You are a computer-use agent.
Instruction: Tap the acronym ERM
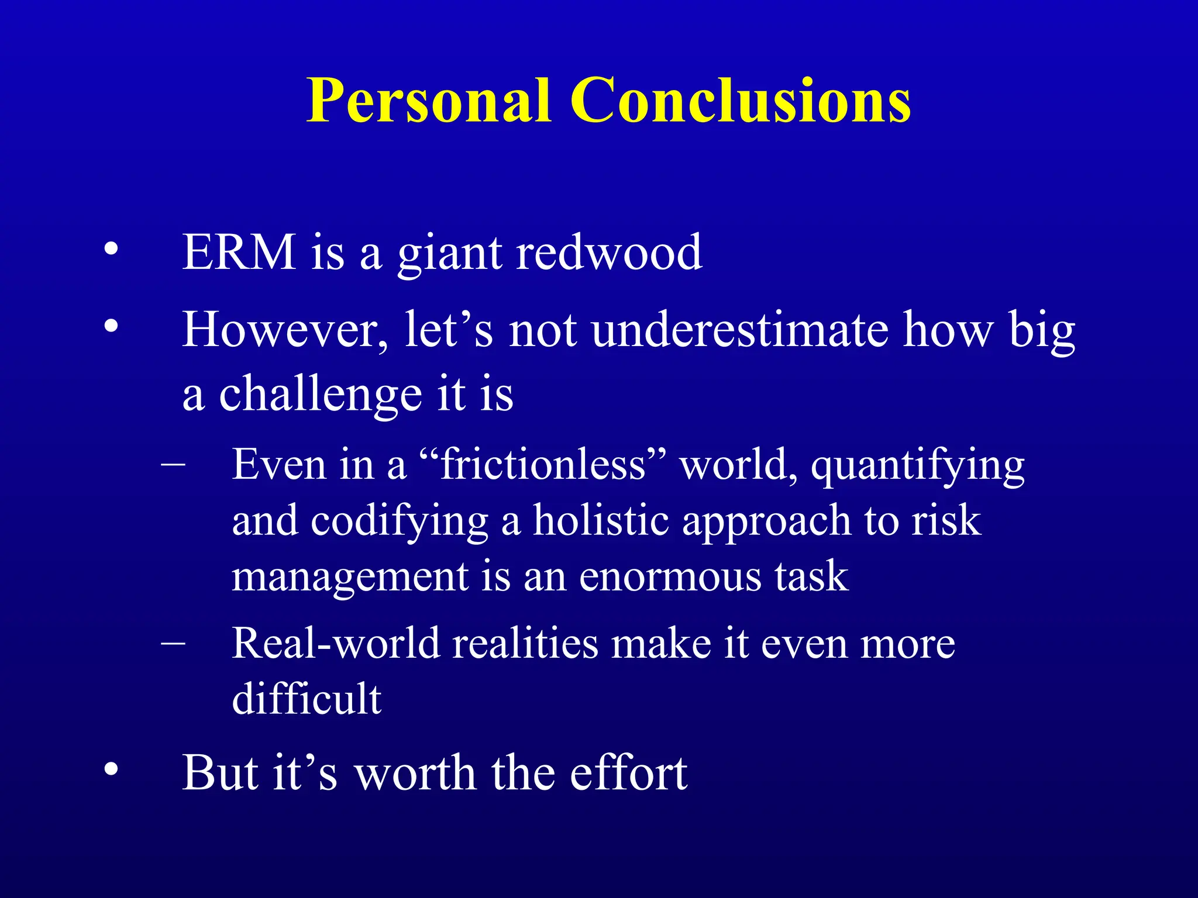click(x=239, y=253)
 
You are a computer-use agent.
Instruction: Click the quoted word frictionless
click(x=543, y=465)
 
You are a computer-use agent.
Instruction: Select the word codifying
click(x=399, y=521)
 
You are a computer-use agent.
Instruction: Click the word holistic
click(x=601, y=520)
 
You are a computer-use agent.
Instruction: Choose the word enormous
click(x=670, y=576)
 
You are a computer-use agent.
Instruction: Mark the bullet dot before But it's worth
click(x=111, y=770)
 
